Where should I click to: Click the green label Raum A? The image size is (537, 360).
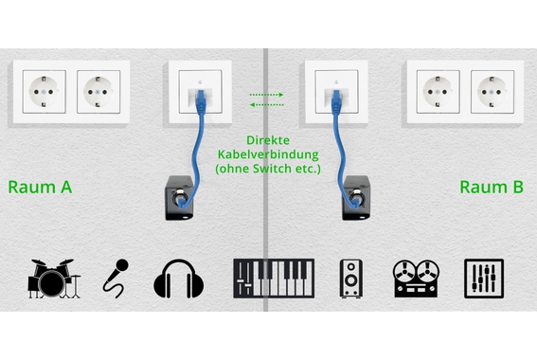(40, 187)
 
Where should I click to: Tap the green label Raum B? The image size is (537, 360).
(492, 187)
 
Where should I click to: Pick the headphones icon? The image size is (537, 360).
(180, 277)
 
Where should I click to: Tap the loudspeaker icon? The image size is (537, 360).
(351, 277)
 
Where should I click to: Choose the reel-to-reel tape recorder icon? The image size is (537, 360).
(417, 277)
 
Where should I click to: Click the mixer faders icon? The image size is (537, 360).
(484, 277)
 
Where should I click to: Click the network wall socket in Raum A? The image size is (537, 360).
(201, 91)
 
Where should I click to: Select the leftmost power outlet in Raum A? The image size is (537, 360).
(43, 93)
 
